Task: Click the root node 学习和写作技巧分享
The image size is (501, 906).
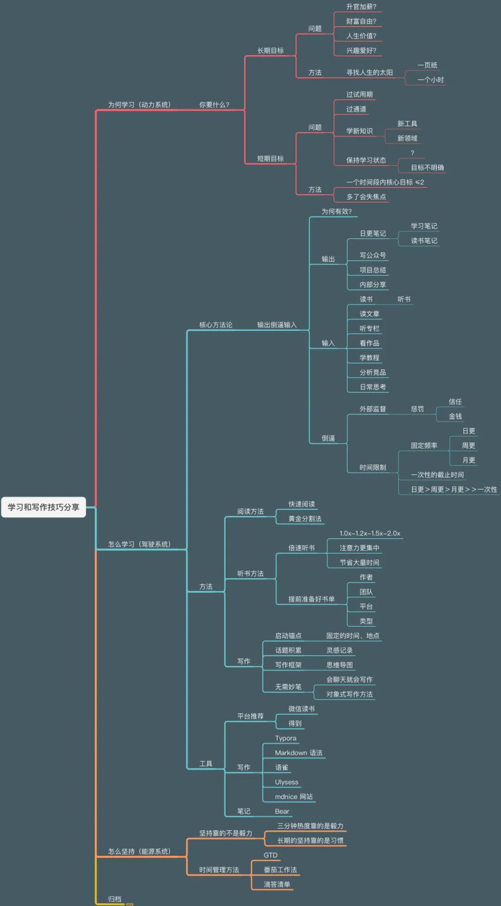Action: [44, 507]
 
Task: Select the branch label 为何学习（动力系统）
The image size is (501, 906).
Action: [139, 105]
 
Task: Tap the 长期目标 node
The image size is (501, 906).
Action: [270, 51]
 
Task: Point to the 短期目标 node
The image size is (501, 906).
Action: [270, 159]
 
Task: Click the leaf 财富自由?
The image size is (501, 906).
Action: [361, 21]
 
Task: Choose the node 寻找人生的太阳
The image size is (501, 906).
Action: [369, 72]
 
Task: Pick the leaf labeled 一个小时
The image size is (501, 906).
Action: [430, 80]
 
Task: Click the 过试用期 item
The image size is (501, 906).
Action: [359, 95]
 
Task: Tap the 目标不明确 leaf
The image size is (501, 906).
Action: [427, 167]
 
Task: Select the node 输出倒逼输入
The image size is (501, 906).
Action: [277, 325]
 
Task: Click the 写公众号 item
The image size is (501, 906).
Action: [373, 255]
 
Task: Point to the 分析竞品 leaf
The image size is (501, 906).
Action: [373, 372]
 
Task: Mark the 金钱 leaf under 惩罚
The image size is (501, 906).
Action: [455, 416]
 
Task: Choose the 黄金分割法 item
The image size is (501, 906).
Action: [305, 519]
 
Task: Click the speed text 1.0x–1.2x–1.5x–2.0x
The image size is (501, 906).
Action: [369, 533]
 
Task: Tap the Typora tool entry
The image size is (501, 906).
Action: [285, 738]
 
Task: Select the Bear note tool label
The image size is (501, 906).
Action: [282, 811]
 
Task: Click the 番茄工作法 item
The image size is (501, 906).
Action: [280, 870]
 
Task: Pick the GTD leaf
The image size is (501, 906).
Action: [270, 855]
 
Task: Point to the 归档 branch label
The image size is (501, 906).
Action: [115, 899]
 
